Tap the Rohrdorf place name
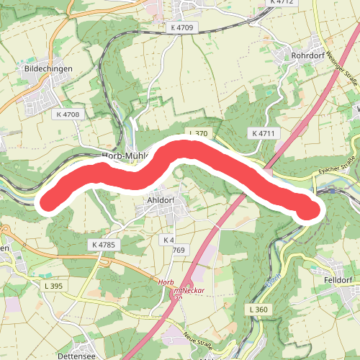(308, 54)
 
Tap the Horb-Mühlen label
(125, 155)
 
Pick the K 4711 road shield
(264, 134)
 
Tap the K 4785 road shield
(104, 246)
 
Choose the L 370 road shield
(198, 134)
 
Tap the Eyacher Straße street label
(337, 171)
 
